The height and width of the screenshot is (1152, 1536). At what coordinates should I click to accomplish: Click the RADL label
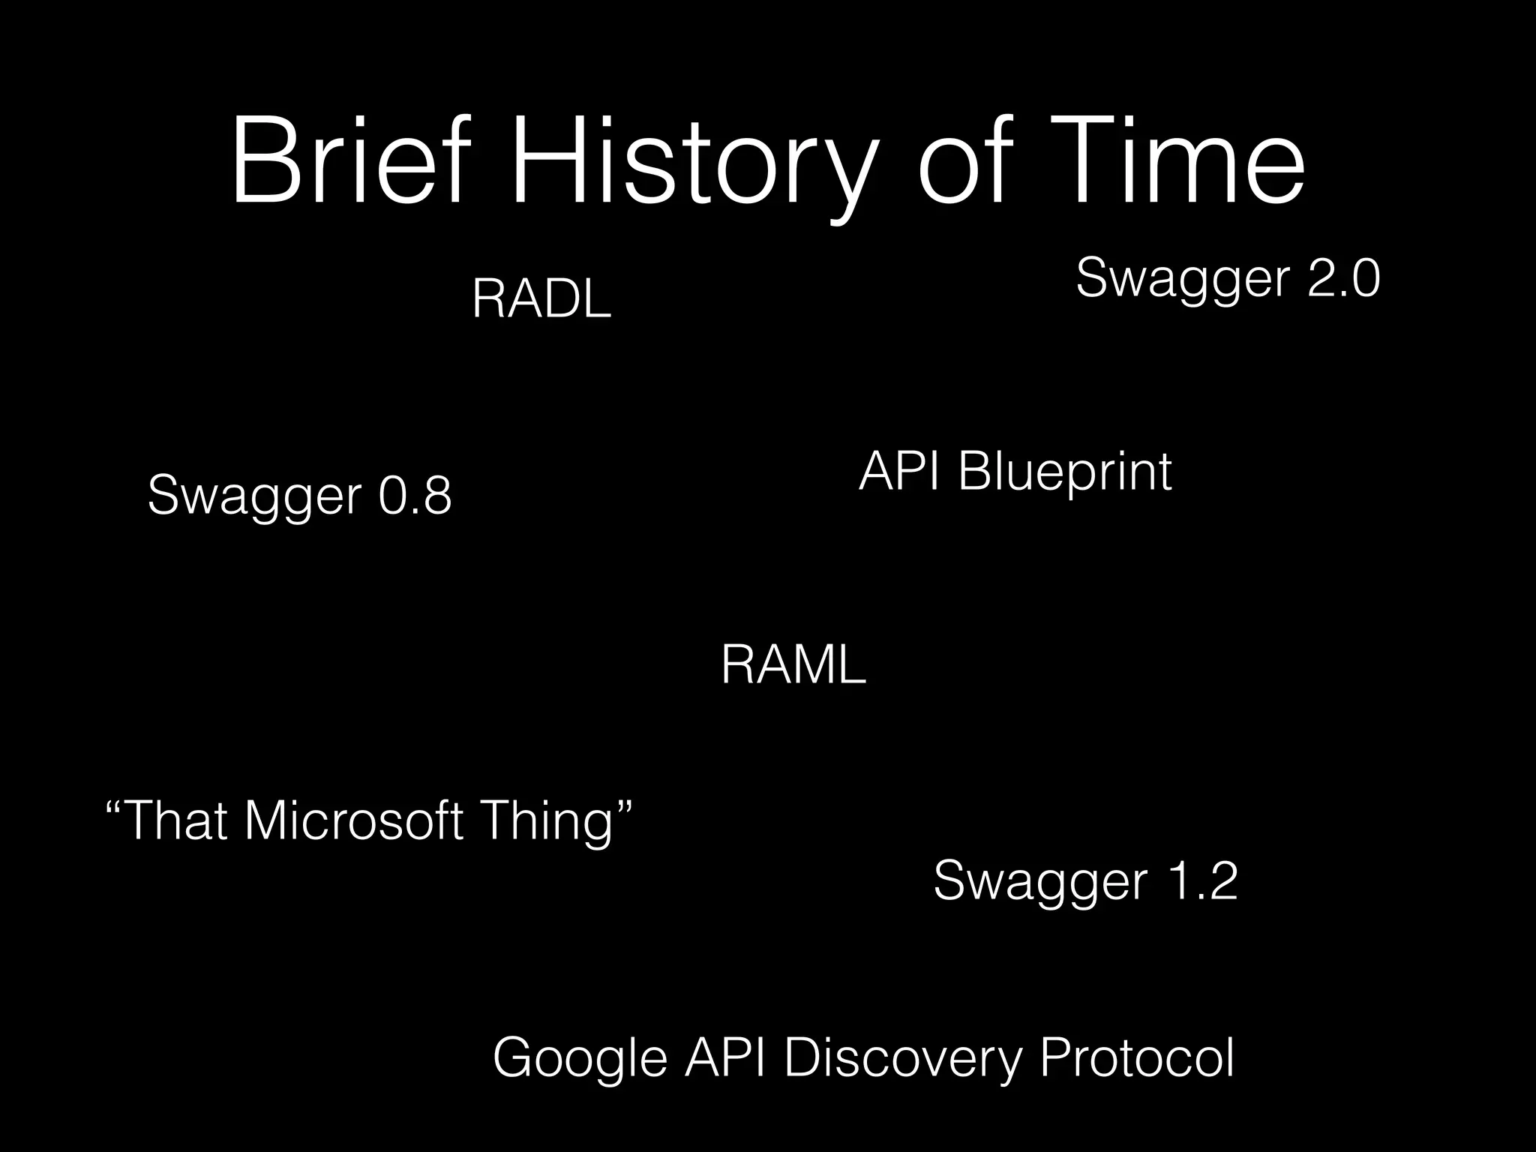[541, 299]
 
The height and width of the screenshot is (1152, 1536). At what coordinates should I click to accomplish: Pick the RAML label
[793, 665]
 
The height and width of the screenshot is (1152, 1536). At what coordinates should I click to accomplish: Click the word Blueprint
[1065, 473]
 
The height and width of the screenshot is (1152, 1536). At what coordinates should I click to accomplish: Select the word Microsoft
[353, 820]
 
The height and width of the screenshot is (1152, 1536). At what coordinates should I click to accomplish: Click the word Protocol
[1136, 1057]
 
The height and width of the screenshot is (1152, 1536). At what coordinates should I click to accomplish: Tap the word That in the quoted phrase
[177, 820]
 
